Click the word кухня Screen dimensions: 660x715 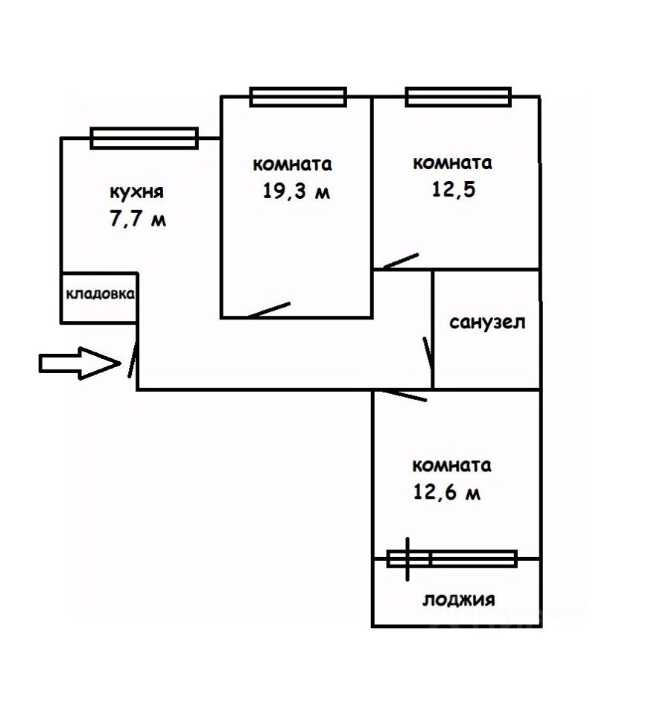click(x=136, y=192)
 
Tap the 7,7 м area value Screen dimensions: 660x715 click(x=137, y=220)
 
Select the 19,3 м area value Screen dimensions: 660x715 click(x=296, y=191)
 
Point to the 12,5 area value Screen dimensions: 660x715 click(x=454, y=189)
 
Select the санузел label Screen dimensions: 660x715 click(x=488, y=322)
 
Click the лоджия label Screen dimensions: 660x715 click(x=459, y=600)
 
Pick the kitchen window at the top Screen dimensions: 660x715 click(x=144, y=138)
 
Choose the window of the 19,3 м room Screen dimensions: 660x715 click(x=298, y=96)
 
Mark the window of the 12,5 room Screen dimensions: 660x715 click(x=458, y=96)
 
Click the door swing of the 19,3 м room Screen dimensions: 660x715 click(x=268, y=310)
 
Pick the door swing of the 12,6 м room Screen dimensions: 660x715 click(x=402, y=395)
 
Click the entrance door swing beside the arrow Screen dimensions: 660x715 click(x=133, y=358)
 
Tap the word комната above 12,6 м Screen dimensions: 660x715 click(x=452, y=465)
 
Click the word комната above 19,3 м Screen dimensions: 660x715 click(x=293, y=164)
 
